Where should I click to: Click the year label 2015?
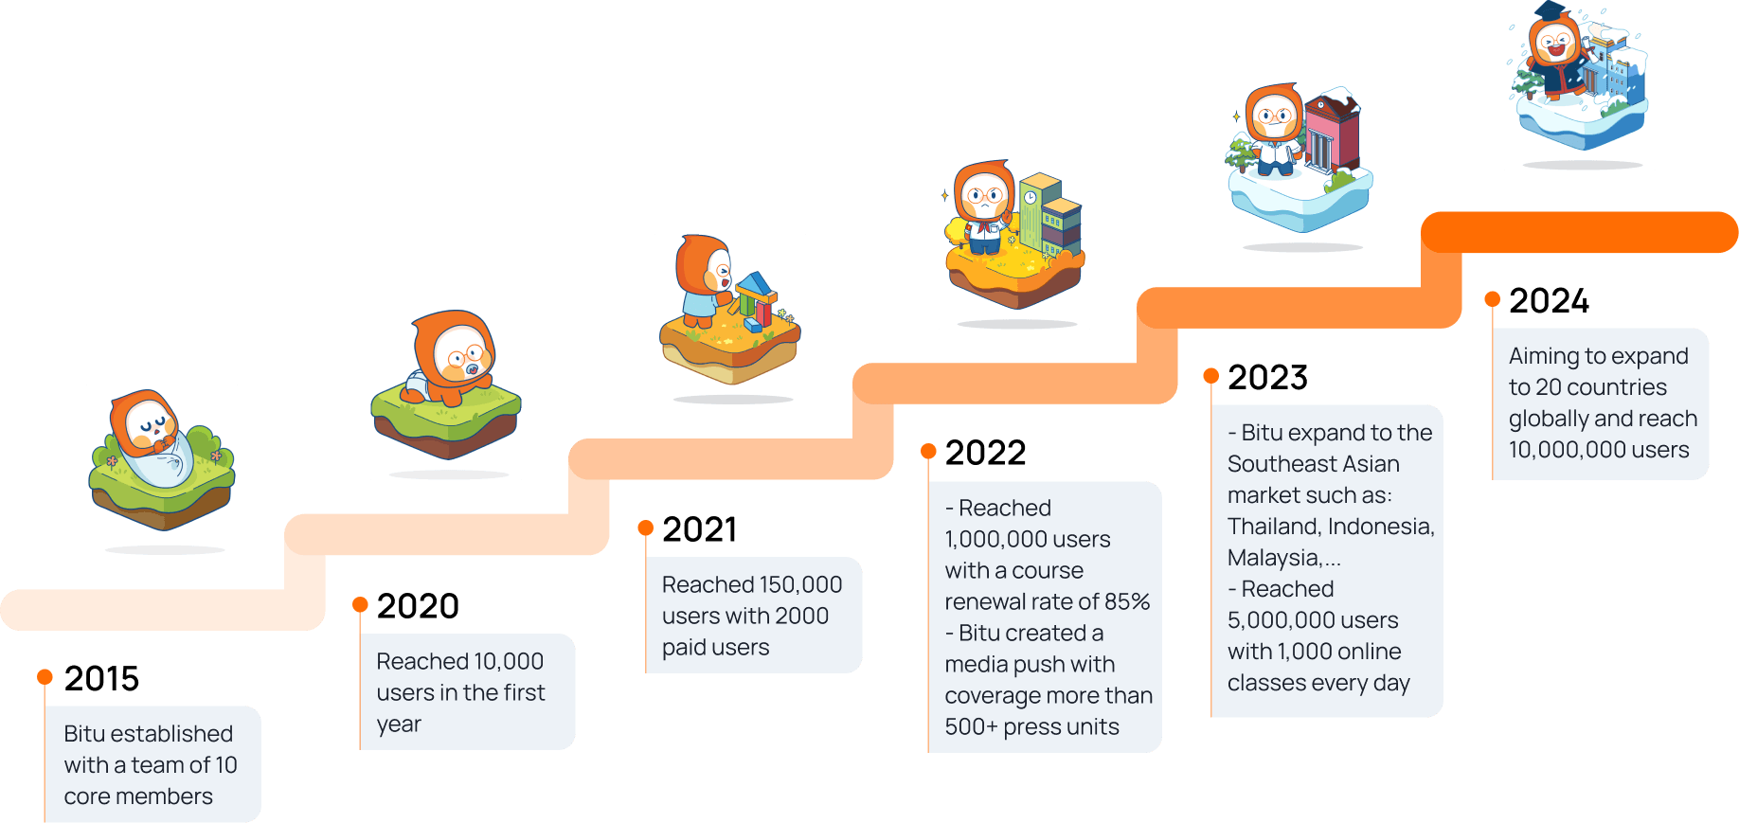tap(101, 679)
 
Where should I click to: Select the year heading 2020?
tap(418, 606)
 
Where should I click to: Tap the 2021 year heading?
tap(700, 529)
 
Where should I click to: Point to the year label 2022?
tap(985, 453)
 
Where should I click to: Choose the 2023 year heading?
tap(1267, 378)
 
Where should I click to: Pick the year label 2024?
tap(1549, 301)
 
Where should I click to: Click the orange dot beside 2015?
tap(45, 676)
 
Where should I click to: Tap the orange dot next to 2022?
tap(928, 451)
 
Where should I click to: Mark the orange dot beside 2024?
tap(1492, 299)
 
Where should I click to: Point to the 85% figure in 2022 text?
tap(1127, 601)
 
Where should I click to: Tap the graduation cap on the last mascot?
tap(1550, 10)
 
